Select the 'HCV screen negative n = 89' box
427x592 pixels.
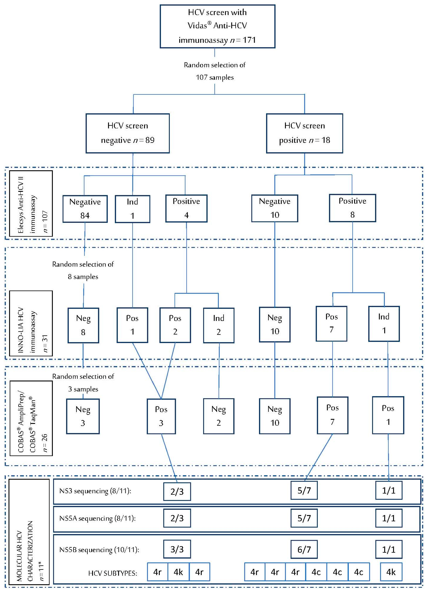pos(128,133)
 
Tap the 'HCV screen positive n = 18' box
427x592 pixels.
pos(304,133)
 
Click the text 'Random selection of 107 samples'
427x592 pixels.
pos(215,71)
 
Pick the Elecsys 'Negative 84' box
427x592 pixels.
pos(85,209)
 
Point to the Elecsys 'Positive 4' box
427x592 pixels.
pos(186,208)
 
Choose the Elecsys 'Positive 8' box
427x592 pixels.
pos(352,208)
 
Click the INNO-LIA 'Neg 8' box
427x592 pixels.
pos(83,325)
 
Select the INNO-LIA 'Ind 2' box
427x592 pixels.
pos(218,325)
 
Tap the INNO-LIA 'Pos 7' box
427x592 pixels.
pos(331,324)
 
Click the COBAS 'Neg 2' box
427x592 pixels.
pos(218,416)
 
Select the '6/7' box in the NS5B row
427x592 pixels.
pos(304,549)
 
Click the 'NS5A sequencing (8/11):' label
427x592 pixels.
pos(97,518)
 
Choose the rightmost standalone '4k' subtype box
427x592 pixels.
pos(391,572)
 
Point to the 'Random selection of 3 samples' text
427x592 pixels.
pos(83,383)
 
